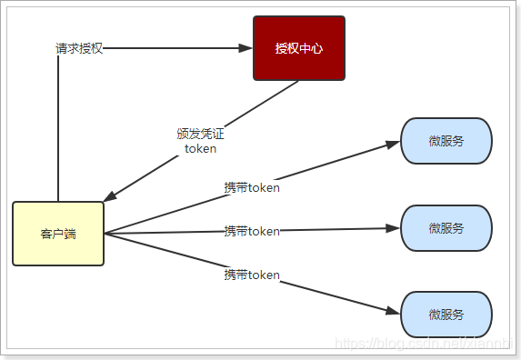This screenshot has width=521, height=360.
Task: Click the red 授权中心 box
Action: click(298, 48)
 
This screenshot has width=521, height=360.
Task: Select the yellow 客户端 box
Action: click(58, 234)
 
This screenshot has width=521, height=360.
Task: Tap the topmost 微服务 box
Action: click(446, 141)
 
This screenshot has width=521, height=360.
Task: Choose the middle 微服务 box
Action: click(446, 228)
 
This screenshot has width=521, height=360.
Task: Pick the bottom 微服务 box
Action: click(446, 315)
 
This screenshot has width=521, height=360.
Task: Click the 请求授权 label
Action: click(79, 48)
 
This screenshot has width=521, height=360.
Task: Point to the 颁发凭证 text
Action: click(200, 134)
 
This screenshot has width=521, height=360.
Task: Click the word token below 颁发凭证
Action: click(200, 149)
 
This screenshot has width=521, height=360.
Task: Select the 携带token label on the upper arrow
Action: click(252, 188)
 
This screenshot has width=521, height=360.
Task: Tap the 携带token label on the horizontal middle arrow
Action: click(252, 231)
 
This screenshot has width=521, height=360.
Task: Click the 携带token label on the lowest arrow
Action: click(252, 274)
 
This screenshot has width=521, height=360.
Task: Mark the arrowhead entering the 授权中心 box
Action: click(245, 48)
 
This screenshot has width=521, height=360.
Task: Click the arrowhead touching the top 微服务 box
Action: click(394, 143)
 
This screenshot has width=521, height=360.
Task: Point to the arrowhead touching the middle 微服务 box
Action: click(394, 228)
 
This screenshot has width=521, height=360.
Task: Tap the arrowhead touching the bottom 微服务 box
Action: click(394, 312)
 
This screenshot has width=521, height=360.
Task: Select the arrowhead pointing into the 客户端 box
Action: click(110, 197)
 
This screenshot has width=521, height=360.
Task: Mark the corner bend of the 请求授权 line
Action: click(58, 48)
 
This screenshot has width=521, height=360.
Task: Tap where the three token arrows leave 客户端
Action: click(106, 234)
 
